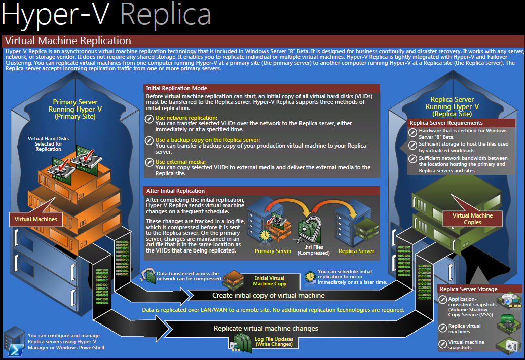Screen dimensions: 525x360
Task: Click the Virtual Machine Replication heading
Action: [68, 41]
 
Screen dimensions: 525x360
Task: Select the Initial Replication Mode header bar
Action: [261, 88]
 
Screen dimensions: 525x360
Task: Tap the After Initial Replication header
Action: [261, 191]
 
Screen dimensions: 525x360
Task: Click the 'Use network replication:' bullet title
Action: [186, 118]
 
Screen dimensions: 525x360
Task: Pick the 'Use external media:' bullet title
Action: [180, 162]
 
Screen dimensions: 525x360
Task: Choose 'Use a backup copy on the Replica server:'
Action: [208, 140]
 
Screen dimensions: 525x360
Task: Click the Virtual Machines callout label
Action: [36, 220]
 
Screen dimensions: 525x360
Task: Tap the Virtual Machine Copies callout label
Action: [472, 219]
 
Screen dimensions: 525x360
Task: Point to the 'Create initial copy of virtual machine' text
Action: [269, 296]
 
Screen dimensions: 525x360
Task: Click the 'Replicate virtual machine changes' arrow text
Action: [266, 328]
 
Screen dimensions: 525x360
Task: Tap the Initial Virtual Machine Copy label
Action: [270, 281]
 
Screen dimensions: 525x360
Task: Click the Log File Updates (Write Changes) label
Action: [274, 342]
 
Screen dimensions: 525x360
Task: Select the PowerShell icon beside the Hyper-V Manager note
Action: [15, 350]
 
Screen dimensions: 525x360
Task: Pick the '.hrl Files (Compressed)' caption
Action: [314, 250]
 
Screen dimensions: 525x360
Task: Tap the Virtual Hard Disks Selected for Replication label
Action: [48, 143]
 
